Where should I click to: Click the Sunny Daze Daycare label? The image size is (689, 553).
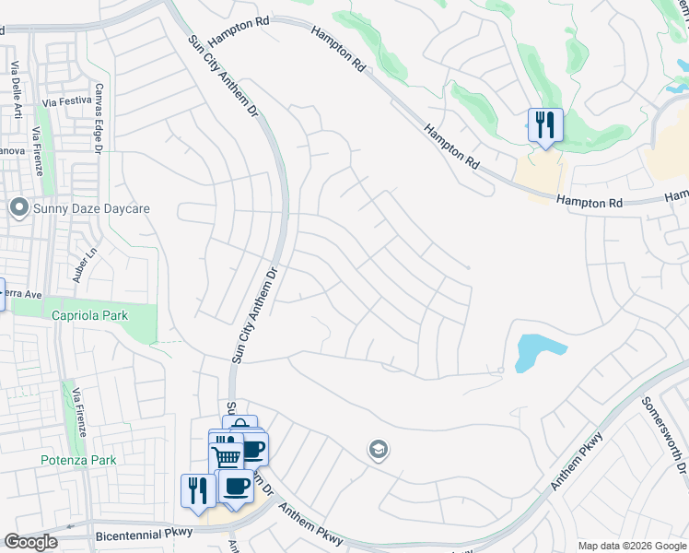90,208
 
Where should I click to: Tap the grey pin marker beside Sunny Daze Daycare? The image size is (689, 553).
18,208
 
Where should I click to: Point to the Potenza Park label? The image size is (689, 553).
77,460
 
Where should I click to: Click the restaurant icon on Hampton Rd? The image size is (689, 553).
545,124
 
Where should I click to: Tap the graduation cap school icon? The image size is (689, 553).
378,450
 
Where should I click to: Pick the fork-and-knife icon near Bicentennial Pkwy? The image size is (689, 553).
197,488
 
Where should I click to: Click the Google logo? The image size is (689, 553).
30,542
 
